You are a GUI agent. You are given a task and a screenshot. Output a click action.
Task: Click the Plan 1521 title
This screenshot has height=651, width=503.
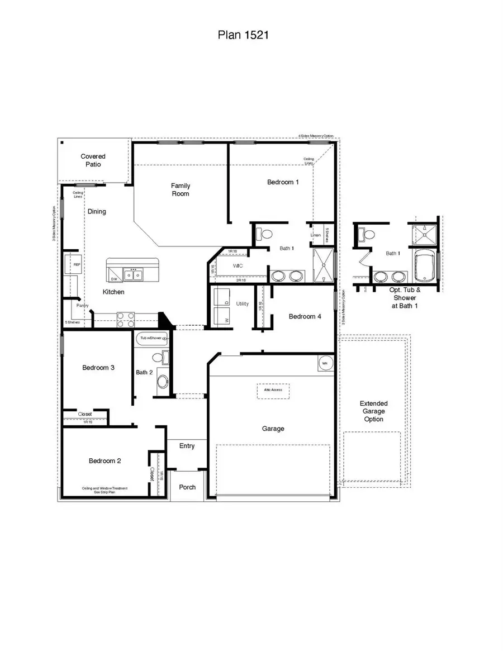pos(244,35)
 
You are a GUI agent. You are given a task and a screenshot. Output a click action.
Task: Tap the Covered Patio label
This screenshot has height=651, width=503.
pos(93,161)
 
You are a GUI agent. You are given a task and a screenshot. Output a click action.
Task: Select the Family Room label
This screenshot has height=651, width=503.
pos(180,189)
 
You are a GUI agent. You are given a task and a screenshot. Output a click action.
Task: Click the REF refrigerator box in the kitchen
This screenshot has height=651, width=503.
pos(73,264)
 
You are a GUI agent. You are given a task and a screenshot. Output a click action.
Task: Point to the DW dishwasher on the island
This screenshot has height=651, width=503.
pos(113,278)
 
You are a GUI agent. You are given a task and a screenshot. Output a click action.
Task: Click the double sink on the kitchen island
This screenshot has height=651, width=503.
pos(133,274)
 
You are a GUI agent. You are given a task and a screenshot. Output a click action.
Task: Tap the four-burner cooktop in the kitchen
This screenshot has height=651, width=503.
pos(126,320)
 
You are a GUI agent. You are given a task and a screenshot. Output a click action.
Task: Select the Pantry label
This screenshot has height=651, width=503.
pos(83,306)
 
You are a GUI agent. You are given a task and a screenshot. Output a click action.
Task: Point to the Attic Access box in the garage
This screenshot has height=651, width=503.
pos(273,390)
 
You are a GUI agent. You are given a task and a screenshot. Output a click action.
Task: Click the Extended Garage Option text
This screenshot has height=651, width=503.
pos(373,411)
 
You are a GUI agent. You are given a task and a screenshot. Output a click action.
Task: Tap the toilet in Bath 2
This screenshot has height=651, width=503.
pos(158,357)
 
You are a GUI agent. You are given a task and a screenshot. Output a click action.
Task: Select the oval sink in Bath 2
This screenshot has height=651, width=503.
pos(163,382)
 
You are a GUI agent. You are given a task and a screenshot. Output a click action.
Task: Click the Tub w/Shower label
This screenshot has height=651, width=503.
pos(150,338)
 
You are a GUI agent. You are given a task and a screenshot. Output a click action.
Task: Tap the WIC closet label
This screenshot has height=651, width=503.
pos(238,265)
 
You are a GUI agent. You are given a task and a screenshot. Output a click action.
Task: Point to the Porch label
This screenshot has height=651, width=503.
pos(187,487)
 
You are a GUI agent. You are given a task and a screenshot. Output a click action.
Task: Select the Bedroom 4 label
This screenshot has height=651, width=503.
pos(305,316)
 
